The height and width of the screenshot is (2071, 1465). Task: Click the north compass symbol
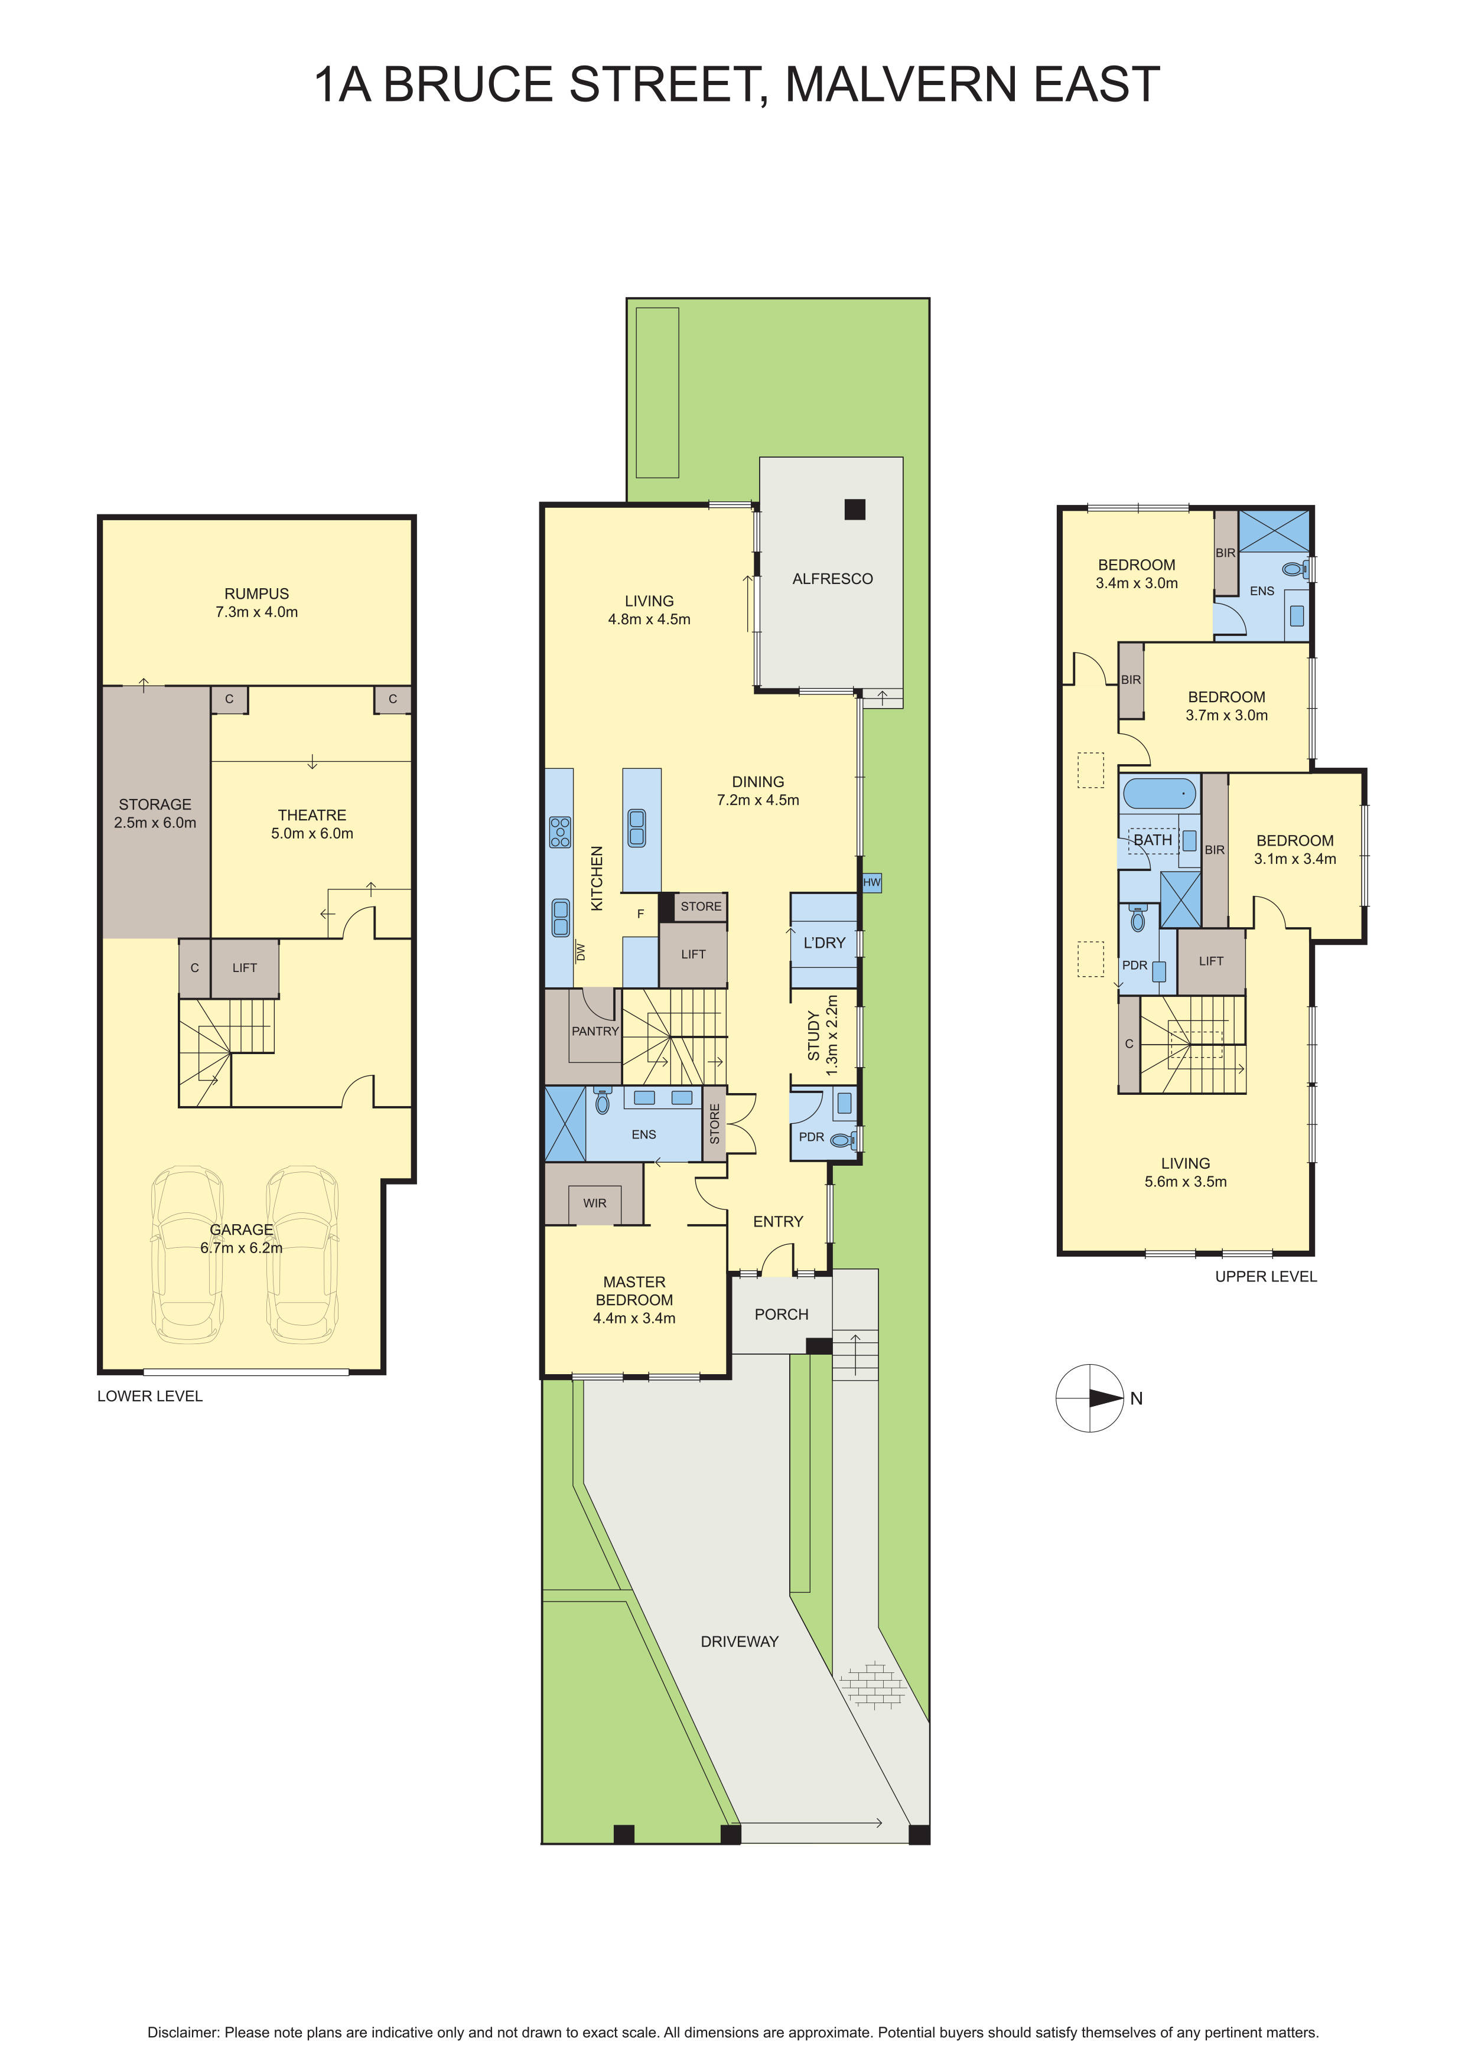coord(1090,1398)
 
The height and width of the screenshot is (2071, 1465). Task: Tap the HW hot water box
coord(871,882)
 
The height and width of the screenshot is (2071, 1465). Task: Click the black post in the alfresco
coord(854,510)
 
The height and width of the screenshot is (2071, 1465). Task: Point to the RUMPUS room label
coord(257,593)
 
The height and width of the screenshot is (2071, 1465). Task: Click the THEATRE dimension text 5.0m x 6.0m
coord(312,833)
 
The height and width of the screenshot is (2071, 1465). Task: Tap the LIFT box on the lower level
coord(245,968)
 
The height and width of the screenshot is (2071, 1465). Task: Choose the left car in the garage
coord(188,1255)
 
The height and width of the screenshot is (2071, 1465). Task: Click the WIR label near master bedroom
coord(594,1204)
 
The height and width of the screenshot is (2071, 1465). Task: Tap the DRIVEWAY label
coord(739,1642)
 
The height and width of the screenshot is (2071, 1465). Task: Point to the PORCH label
coord(781,1314)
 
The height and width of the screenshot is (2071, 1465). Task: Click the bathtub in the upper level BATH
coord(1159,794)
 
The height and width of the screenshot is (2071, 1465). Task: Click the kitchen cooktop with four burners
coord(560,831)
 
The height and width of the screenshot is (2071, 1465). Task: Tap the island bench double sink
coord(637,827)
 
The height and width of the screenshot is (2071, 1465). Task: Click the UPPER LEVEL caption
coord(1266,1276)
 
